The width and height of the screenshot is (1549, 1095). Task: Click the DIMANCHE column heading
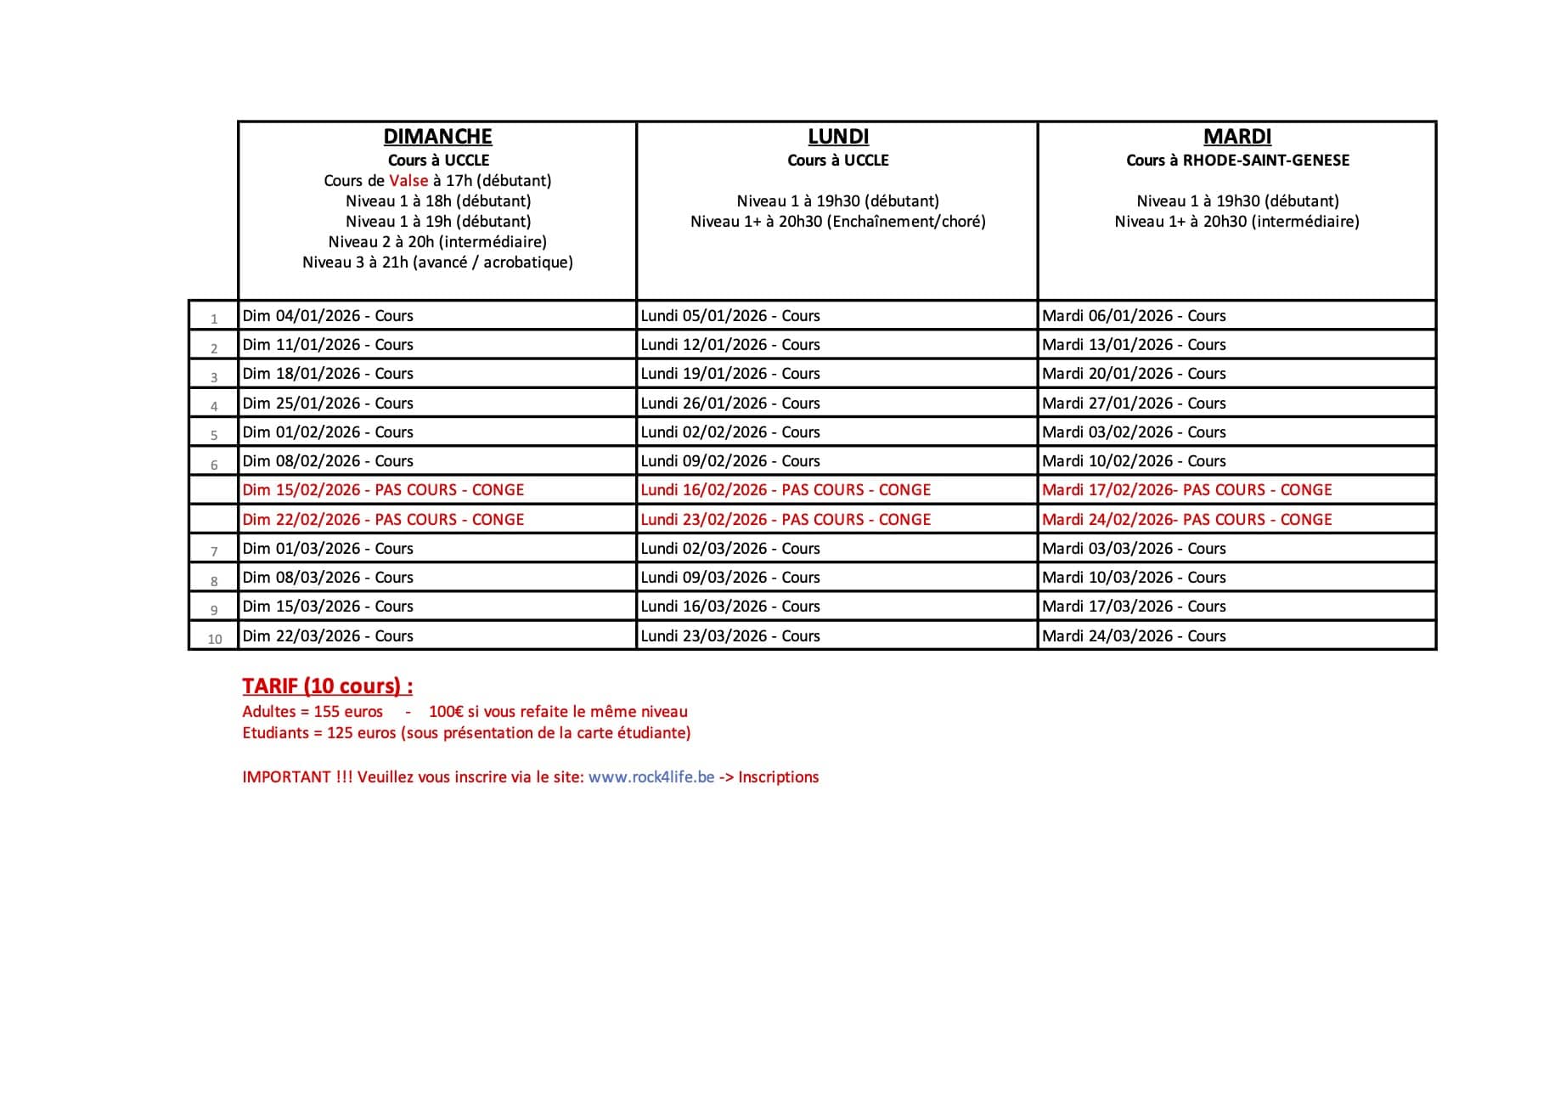point(437,137)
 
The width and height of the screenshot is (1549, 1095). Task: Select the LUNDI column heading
point(837,137)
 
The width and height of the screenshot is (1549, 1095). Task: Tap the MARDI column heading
point(1237,137)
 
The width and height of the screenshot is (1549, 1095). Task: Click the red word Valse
point(408,181)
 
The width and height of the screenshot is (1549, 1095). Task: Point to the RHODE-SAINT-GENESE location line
point(1237,161)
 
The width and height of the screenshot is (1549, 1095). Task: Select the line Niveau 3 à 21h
point(437,262)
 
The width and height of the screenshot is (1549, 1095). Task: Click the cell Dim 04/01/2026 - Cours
point(328,316)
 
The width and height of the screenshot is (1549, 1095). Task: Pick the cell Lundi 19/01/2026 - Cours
point(730,374)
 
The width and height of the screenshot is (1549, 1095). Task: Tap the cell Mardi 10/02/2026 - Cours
point(1134,461)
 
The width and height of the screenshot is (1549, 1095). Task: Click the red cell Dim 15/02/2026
point(383,490)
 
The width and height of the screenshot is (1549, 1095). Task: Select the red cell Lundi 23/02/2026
point(786,519)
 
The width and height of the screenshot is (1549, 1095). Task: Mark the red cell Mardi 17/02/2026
point(1186,490)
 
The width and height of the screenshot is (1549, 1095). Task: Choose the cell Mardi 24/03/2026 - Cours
point(1134,636)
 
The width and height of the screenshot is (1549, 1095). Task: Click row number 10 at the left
point(215,639)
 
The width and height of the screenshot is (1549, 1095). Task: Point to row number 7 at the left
point(214,551)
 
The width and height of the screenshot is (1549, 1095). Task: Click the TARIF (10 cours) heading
point(327,686)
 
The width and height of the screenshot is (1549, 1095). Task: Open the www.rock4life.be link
point(651,777)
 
